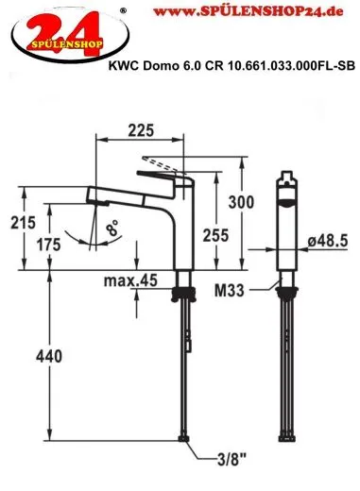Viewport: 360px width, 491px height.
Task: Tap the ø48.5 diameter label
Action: click(323, 243)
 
